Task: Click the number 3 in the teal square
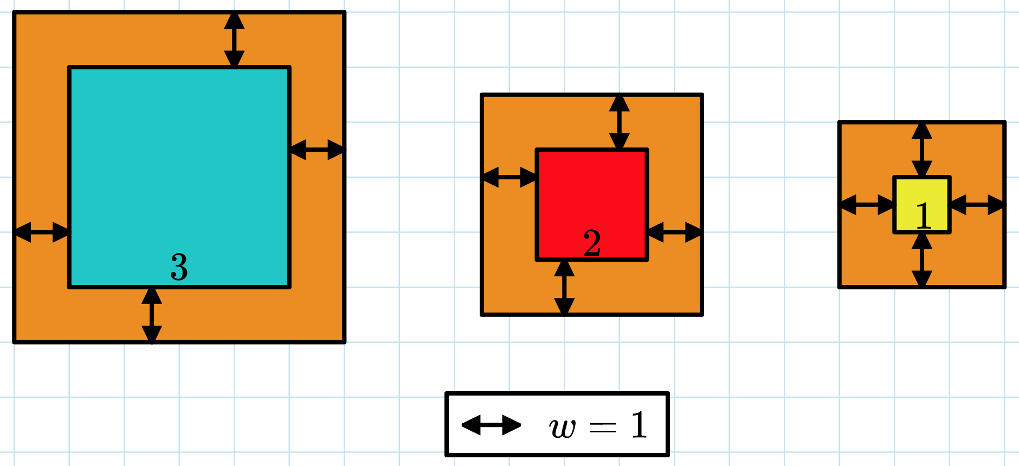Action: (179, 267)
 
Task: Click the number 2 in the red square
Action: (592, 243)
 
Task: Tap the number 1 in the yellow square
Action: (923, 216)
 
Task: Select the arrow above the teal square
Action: (234, 40)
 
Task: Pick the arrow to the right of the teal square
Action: (317, 150)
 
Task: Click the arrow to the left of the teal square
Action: (42, 232)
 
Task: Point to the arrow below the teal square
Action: (152, 315)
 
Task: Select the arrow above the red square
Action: (619, 122)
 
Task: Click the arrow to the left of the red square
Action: (509, 177)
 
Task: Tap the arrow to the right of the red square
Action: (675, 232)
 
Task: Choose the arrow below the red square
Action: (564, 287)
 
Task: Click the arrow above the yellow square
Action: (921, 150)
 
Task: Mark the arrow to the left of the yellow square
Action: (867, 205)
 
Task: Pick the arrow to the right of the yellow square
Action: (977, 205)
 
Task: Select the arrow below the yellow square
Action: (921, 260)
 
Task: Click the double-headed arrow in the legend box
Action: (491, 425)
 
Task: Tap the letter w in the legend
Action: (562, 428)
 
